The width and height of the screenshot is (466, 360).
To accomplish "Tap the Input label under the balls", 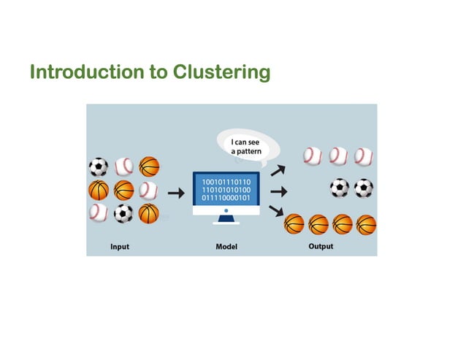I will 120,247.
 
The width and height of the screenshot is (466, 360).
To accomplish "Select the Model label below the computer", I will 226,247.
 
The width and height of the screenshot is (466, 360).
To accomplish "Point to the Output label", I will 321,247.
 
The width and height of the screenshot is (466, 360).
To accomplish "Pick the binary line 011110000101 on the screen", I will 226,197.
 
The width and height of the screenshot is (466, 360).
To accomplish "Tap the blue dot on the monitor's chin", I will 226,210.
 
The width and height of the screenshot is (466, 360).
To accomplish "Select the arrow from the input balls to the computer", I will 175,194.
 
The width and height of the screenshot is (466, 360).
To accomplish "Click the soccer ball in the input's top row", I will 98,167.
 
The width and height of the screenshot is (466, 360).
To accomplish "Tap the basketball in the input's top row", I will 148,167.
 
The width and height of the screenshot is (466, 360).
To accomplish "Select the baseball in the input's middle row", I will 148,190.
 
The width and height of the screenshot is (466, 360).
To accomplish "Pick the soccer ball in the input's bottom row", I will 123,213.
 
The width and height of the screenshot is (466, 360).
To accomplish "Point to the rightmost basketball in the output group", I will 366,223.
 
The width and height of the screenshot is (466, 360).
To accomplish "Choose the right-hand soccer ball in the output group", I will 364,188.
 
